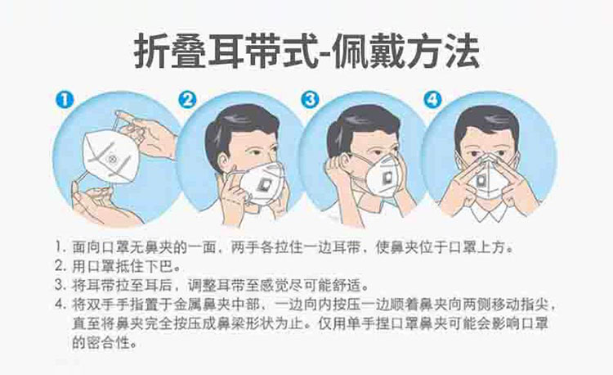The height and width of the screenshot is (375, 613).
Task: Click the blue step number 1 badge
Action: [x=65, y=100]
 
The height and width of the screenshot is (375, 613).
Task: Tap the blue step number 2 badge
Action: [x=188, y=100]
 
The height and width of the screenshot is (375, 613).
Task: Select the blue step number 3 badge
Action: [x=310, y=100]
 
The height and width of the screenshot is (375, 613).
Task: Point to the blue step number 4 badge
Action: [x=432, y=100]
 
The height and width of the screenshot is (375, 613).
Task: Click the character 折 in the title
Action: [x=151, y=52]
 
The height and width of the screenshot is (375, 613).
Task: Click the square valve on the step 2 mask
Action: [x=263, y=184]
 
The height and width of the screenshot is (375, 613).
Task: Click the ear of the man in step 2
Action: [x=223, y=161]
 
